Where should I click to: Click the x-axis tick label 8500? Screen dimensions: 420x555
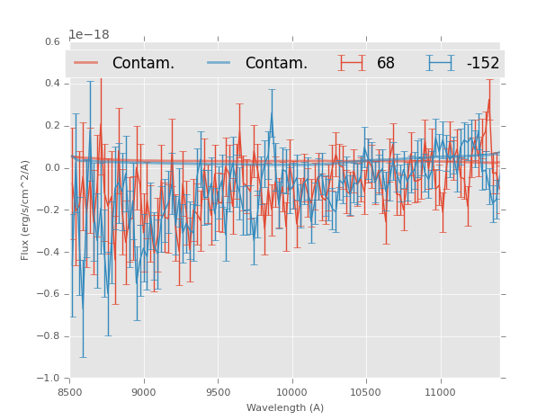pos(69,392)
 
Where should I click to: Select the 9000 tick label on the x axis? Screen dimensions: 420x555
pos(144,392)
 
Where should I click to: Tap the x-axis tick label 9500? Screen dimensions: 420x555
pos(218,392)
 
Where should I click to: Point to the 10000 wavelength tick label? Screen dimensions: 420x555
pos(291,392)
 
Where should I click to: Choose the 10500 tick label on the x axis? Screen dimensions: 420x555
pos(365,392)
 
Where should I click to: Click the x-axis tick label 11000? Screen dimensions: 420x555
pos(440,392)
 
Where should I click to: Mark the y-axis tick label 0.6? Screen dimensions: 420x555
pos(52,41)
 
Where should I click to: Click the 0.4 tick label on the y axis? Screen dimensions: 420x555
pos(52,84)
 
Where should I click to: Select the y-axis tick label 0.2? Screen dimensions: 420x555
pos(52,126)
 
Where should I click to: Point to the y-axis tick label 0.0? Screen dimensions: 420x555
pos(52,168)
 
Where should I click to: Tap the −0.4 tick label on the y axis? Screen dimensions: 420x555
pos(49,252)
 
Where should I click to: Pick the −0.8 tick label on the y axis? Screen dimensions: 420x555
pos(49,336)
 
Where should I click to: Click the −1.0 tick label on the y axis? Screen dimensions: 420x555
pos(49,379)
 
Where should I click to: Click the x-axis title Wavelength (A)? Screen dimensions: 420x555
pos(285,407)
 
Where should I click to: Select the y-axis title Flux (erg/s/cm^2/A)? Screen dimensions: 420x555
pos(25,210)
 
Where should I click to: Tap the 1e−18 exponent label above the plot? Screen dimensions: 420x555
pos(89,35)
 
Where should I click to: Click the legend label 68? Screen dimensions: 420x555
pos(386,64)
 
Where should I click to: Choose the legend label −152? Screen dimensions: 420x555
pos(482,64)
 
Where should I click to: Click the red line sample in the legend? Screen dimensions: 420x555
pos(86,63)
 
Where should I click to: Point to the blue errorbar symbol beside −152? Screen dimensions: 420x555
pos(440,63)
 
